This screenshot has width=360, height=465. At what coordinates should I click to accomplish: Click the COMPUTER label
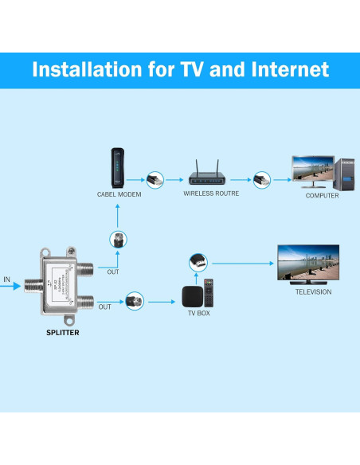click(322, 195)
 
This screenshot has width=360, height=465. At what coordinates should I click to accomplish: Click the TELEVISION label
click(313, 291)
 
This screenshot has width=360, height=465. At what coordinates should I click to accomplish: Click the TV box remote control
click(209, 293)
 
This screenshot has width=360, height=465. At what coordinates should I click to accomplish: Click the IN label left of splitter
click(7, 279)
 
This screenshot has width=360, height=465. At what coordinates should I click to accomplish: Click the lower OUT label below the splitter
click(104, 307)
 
